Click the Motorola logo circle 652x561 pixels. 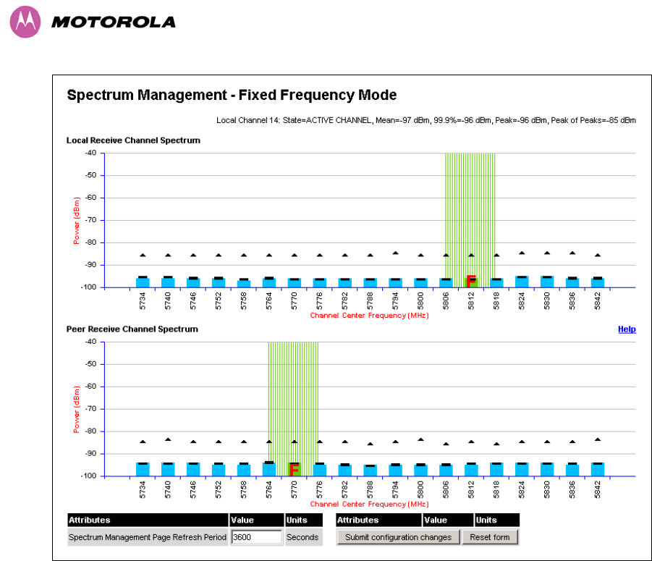coord(23,22)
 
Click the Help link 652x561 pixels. coord(627,329)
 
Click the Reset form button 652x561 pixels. coord(490,537)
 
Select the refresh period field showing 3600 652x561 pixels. coord(256,537)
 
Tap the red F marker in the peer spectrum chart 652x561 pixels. coord(294,469)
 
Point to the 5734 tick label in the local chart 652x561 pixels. coord(143,300)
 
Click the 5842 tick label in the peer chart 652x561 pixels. coord(598,489)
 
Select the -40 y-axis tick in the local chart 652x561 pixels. coord(90,153)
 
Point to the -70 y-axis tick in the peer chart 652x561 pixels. coord(90,409)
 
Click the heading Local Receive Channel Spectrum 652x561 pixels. coord(133,140)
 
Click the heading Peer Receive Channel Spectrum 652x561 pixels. coord(132,329)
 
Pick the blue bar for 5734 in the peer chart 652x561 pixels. coord(143,469)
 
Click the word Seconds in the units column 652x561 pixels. coord(302,537)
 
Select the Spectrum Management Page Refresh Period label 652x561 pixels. coord(148,537)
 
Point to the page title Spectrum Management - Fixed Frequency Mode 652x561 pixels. coord(232,95)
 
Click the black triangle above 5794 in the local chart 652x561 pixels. coord(395,253)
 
